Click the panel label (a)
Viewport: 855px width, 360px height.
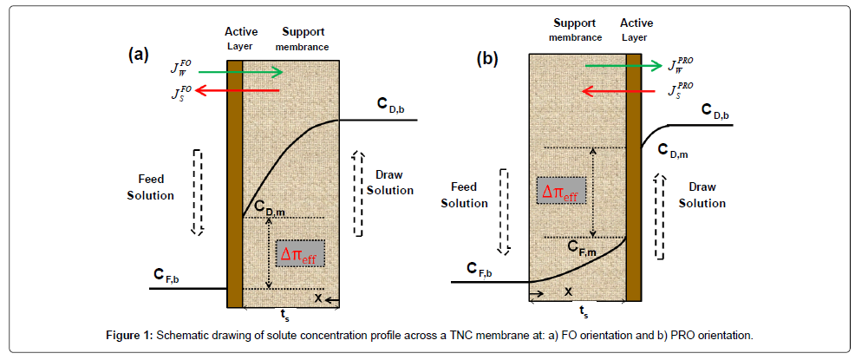point(138,55)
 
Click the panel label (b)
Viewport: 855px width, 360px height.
point(489,59)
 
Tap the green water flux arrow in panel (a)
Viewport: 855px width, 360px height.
point(246,72)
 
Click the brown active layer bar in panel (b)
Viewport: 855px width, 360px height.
point(633,173)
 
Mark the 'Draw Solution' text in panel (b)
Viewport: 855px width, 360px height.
point(702,195)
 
